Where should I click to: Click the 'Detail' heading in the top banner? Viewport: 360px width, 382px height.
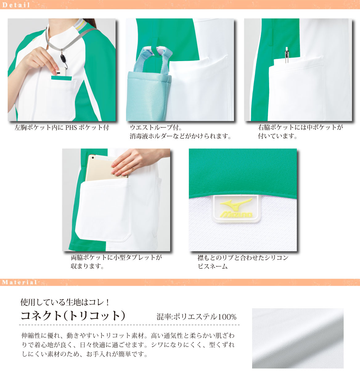coord(16,5)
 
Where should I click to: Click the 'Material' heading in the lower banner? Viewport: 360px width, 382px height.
coord(19,282)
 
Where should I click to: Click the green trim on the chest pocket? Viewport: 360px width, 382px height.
coord(61,78)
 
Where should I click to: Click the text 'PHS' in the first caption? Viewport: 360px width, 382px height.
coord(71,127)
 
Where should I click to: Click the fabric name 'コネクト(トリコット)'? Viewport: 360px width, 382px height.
coord(73,316)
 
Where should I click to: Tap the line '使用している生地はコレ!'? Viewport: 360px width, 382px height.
coord(65,302)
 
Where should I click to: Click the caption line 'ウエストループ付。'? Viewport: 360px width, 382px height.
coord(156,127)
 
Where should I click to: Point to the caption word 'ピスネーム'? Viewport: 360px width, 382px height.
coord(213,266)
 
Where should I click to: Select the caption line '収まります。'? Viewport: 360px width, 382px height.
coord(88,266)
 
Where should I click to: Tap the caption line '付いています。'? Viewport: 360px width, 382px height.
coord(277,136)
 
